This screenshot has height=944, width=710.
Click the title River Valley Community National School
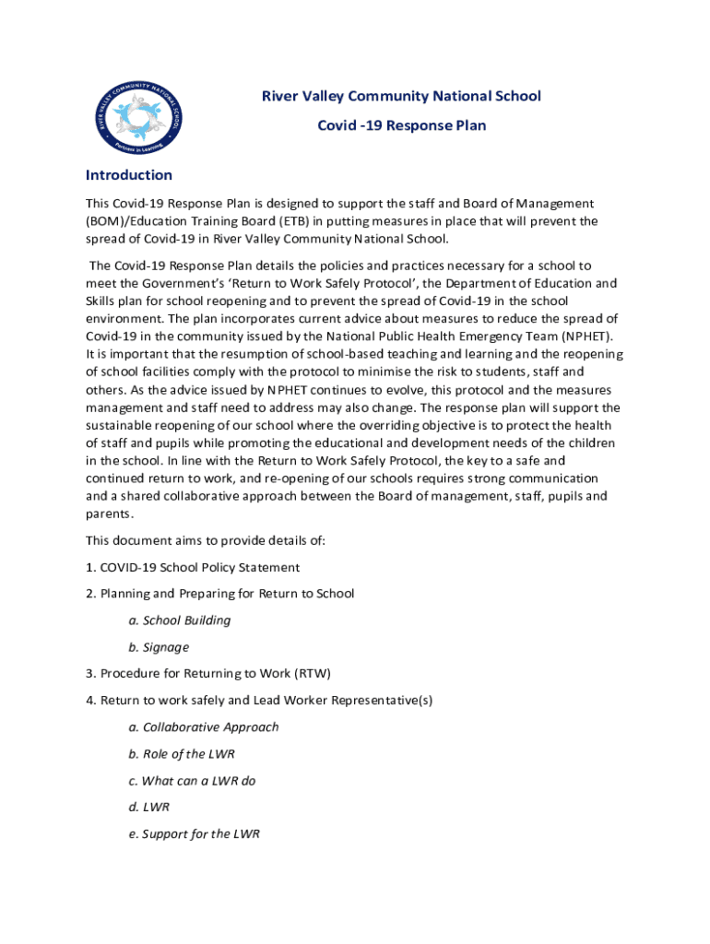tap(402, 96)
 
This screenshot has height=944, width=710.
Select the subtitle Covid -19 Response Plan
tap(402, 124)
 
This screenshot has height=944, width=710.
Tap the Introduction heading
tap(128, 175)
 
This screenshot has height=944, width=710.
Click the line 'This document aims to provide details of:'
tap(206, 540)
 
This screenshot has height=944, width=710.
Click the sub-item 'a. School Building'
tap(180, 620)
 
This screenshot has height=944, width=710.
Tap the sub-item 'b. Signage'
tap(159, 647)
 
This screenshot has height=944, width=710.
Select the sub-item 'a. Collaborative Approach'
tap(204, 727)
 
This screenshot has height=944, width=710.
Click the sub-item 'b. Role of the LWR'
tap(182, 754)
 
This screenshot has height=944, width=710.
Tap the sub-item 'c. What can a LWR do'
tap(192, 781)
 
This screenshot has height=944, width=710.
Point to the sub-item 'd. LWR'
tap(149, 808)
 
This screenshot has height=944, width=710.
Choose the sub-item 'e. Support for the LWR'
tap(195, 834)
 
